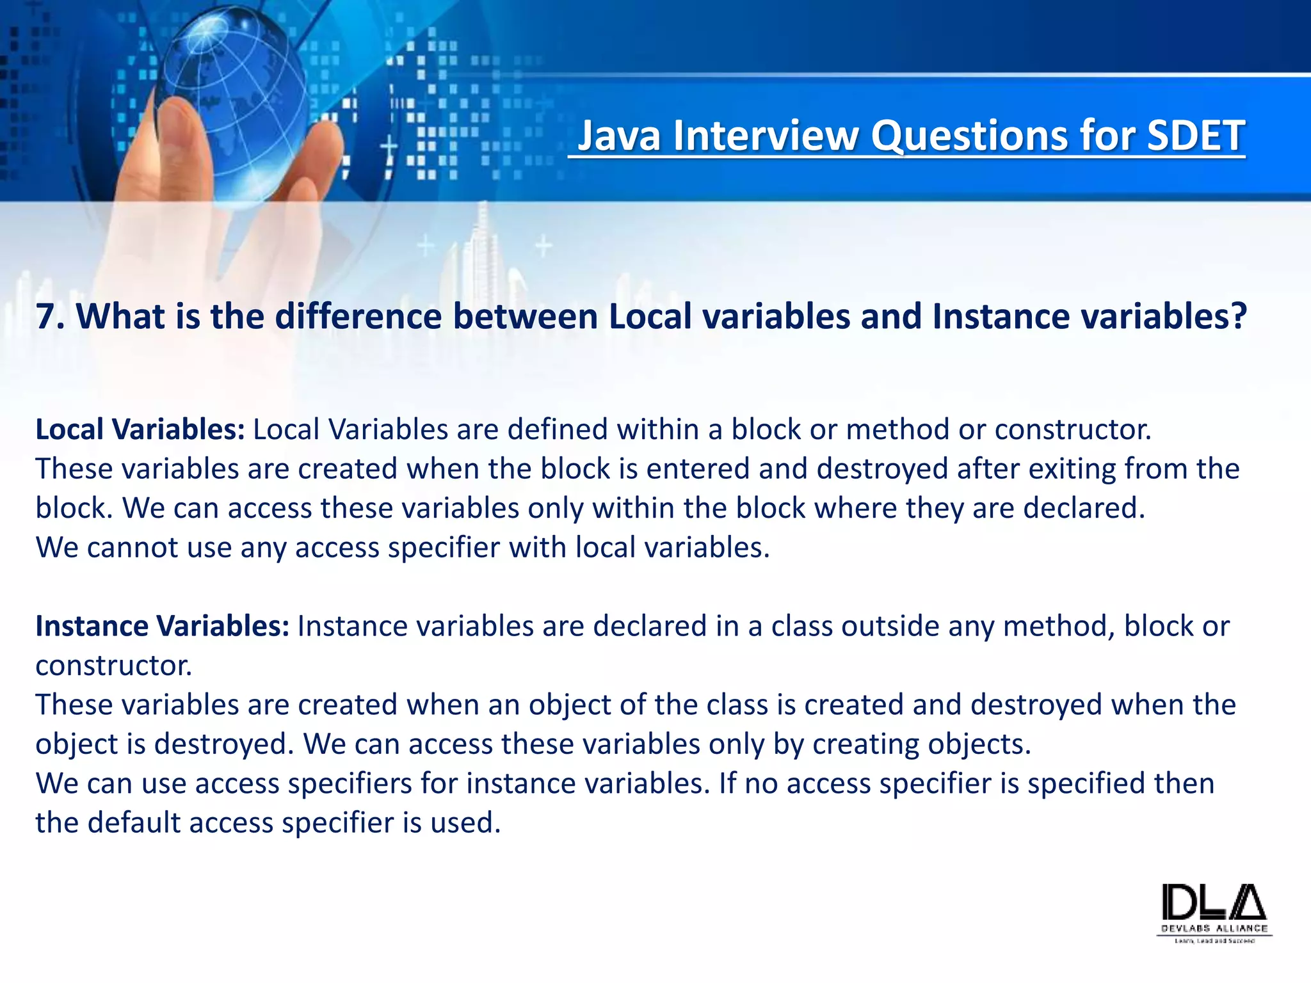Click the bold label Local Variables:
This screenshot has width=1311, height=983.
pos(140,429)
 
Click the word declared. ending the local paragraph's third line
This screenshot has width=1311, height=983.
pos(1084,508)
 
